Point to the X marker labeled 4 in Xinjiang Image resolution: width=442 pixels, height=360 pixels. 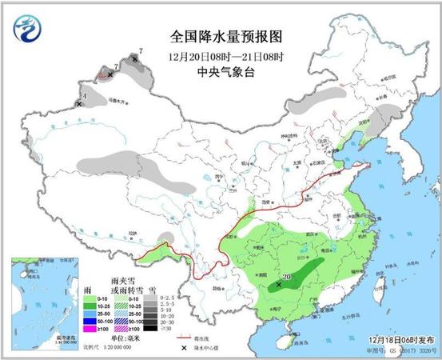(x=79, y=103)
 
